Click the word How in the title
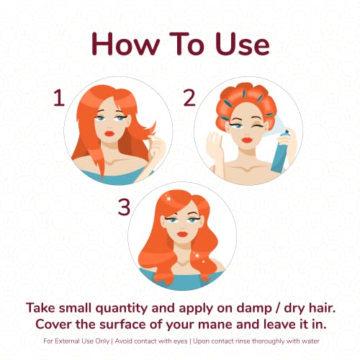[x=125, y=45]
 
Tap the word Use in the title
[x=243, y=45]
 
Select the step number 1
[x=59, y=97]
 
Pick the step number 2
[x=189, y=97]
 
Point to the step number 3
[x=124, y=207]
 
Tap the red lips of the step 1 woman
[x=109, y=133]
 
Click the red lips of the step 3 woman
[x=182, y=234]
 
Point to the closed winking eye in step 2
[x=258, y=126]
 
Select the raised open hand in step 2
[x=215, y=144]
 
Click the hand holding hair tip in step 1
[x=157, y=146]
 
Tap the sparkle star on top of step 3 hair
[x=168, y=199]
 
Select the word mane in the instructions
[x=216, y=325]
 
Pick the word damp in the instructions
[x=254, y=308]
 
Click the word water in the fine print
[x=310, y=341]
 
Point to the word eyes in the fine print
[x=180, y=341]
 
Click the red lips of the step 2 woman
[x=247, y=140]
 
